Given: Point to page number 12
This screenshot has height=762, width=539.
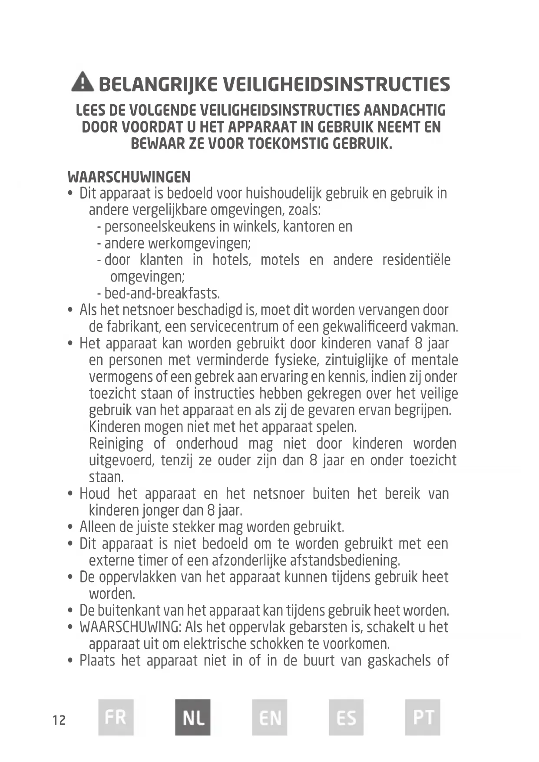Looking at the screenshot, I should [x=59, y=720].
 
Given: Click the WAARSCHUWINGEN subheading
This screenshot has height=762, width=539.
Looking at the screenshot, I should [x=129, y=177].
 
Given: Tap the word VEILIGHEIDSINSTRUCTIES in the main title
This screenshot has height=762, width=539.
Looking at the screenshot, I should [x=337, y=84].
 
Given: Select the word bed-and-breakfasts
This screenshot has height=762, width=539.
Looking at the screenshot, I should [x=162, y=294].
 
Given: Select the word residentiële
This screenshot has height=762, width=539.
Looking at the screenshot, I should [x=416, y=260].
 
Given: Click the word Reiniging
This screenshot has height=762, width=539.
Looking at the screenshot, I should [x=116, y=444].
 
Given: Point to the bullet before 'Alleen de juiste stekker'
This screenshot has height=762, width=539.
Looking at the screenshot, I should [x=71, y=528].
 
